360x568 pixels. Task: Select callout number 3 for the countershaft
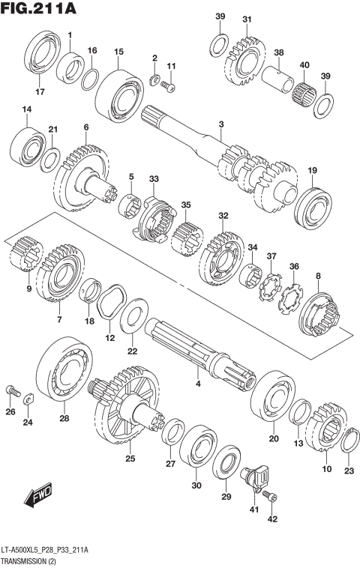click(222, 124)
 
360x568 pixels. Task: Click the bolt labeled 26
click(11, 390)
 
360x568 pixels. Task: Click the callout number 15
click(118, 52)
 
